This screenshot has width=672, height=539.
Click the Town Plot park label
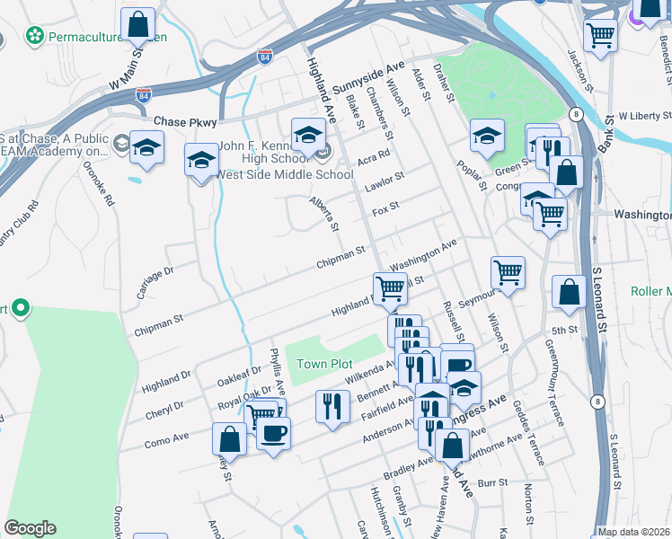point(325,364)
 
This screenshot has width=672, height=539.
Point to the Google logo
point(30,528)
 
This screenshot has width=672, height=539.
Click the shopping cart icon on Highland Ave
point(390,288)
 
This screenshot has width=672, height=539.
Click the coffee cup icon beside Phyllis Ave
point(273,433)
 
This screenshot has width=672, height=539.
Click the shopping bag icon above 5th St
point(569,292)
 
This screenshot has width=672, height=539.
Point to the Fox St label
point(385,208)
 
